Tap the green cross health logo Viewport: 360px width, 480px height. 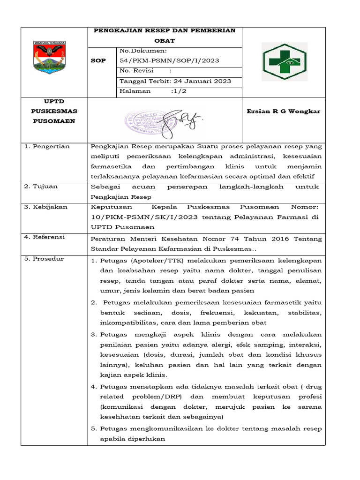(x=285, y=61)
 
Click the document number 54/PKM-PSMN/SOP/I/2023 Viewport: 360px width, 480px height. (x=169, y=60)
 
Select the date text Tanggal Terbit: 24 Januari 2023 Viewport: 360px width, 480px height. (x=175, y=81)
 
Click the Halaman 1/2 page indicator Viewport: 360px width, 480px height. (x=153, y=91)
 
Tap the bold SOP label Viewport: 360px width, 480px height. (x=99, y=60)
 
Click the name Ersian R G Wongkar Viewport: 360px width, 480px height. (x=283, y=112)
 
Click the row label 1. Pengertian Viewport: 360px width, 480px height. (x=47, y=147)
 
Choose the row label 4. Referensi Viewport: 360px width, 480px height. (x=45, y=237)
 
